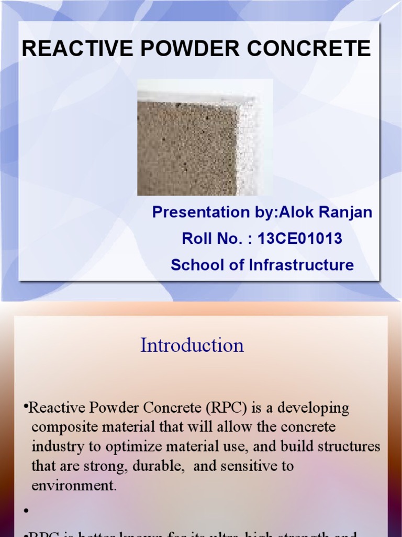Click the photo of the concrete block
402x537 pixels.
[x=204, y=137]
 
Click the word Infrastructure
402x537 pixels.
[x=301, y=265]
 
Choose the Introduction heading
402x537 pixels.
[x=192, y=345]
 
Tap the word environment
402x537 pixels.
[x=73, y=485]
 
